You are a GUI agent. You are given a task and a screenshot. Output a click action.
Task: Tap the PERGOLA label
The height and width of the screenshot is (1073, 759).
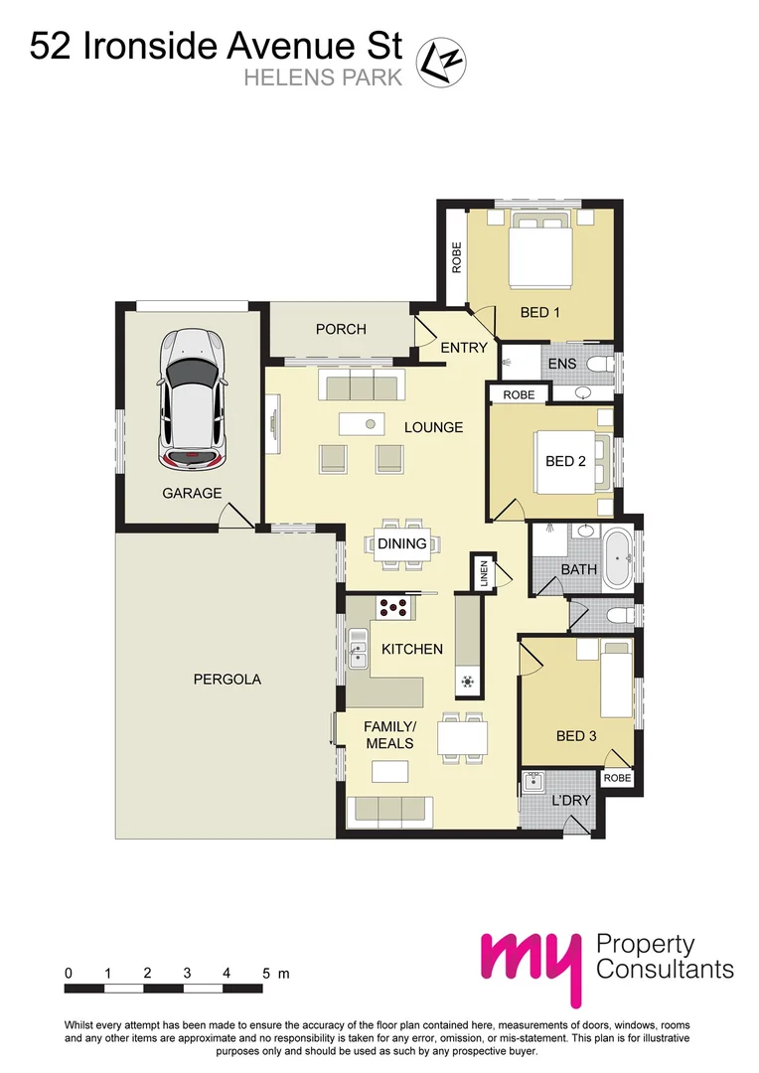[x=227, y=680]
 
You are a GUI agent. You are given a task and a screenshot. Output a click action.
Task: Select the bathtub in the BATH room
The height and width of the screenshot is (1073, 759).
[x=618, y=551]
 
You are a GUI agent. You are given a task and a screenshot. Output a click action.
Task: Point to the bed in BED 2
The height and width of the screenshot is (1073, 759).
[x=567, y=461]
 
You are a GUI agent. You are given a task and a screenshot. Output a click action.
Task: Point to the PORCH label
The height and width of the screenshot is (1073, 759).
[x=341, y=329]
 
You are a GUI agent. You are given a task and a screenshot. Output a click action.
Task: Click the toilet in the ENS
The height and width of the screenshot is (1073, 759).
[x=598, y=365]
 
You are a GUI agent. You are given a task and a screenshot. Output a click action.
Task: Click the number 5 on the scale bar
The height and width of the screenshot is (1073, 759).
[x=267, y=973]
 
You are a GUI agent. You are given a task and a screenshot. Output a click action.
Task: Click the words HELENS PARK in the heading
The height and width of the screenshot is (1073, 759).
[x=323, y=77]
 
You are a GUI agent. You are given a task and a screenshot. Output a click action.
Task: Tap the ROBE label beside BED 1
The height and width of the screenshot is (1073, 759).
[x=457, y=258]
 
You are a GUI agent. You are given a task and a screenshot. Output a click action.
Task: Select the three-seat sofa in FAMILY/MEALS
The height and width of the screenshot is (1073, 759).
[x=388, y=811]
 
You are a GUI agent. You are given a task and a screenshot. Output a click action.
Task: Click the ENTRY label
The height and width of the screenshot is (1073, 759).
[x=463, y=347]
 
